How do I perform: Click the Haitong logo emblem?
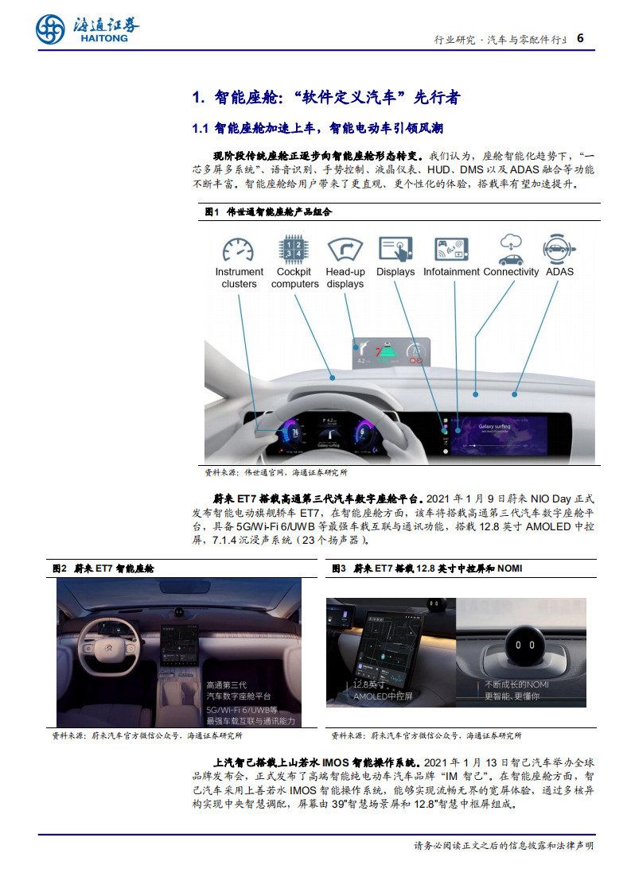tap(50, 30)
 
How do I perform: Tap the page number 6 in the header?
tap(580, 38)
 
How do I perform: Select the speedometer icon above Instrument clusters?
tap(239, 250)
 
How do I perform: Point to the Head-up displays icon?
tap(345, 249)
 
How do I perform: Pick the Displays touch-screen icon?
tap(395, 249)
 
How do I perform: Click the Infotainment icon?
tap(451, 249)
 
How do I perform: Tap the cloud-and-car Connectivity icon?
tap(510, 249)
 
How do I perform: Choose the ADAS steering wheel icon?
tap(559, 249)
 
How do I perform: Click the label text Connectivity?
tap(510, 272)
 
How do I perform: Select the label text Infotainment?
tap(451, 272)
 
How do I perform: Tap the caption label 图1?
tap(212, 212)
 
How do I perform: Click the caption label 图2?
tap(59, 568)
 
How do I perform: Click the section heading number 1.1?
tap(200, 127)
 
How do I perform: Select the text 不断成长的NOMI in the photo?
tap(516, 685)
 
